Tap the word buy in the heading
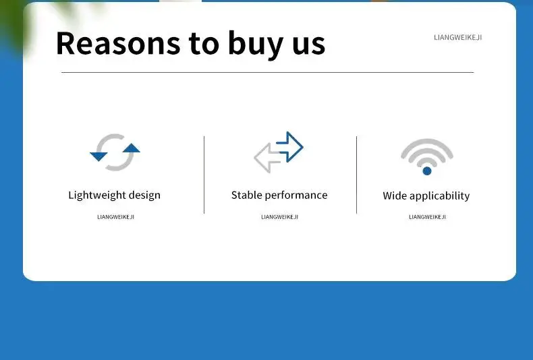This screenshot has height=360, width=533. click(256, 44)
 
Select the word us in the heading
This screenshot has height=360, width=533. click(308, 47)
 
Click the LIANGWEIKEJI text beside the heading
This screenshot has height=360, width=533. click(458, 37)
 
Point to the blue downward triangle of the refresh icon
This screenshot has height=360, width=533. click(99, 156)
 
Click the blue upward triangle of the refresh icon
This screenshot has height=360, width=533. click(131, 148)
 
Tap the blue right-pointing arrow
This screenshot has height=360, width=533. click(289, 147)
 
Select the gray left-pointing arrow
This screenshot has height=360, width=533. click(268, 158)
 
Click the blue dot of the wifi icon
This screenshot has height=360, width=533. click(427, 171)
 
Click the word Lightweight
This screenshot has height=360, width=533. click(97, 196)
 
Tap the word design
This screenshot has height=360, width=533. click(144, 196)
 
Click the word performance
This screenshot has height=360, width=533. click(296, 196)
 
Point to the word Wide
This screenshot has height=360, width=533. click(395, 196)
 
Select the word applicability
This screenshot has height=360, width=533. click(439, 196)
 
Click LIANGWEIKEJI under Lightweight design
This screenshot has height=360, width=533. click(116, 216)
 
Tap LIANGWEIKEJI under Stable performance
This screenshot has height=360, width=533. click(280, 216)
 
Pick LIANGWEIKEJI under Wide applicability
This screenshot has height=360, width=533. click(427, 216)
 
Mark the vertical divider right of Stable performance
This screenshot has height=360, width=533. click(357, 175)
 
